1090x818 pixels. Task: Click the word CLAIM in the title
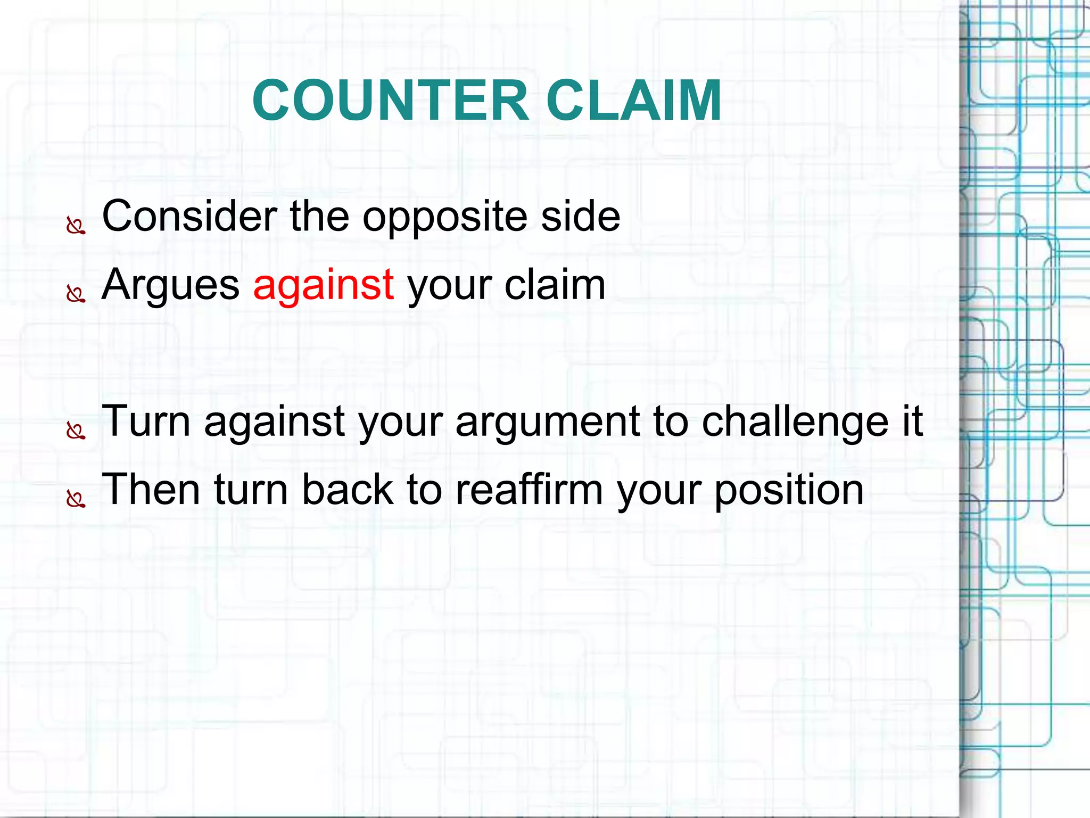(x=633, y=100)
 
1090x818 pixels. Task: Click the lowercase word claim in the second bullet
(x=555, y=285)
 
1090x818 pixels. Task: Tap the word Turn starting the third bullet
(x=146, y=421)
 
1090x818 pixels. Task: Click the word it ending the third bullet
(x=912, y=421)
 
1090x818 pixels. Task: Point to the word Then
(x=151, y=489)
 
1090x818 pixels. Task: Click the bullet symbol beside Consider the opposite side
(x=76, y=226)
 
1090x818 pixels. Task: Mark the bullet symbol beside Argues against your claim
(x=76, y=294)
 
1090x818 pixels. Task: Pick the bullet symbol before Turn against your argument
(x=76, y=431)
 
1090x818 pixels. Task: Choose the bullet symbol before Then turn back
(x=76, y=499)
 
